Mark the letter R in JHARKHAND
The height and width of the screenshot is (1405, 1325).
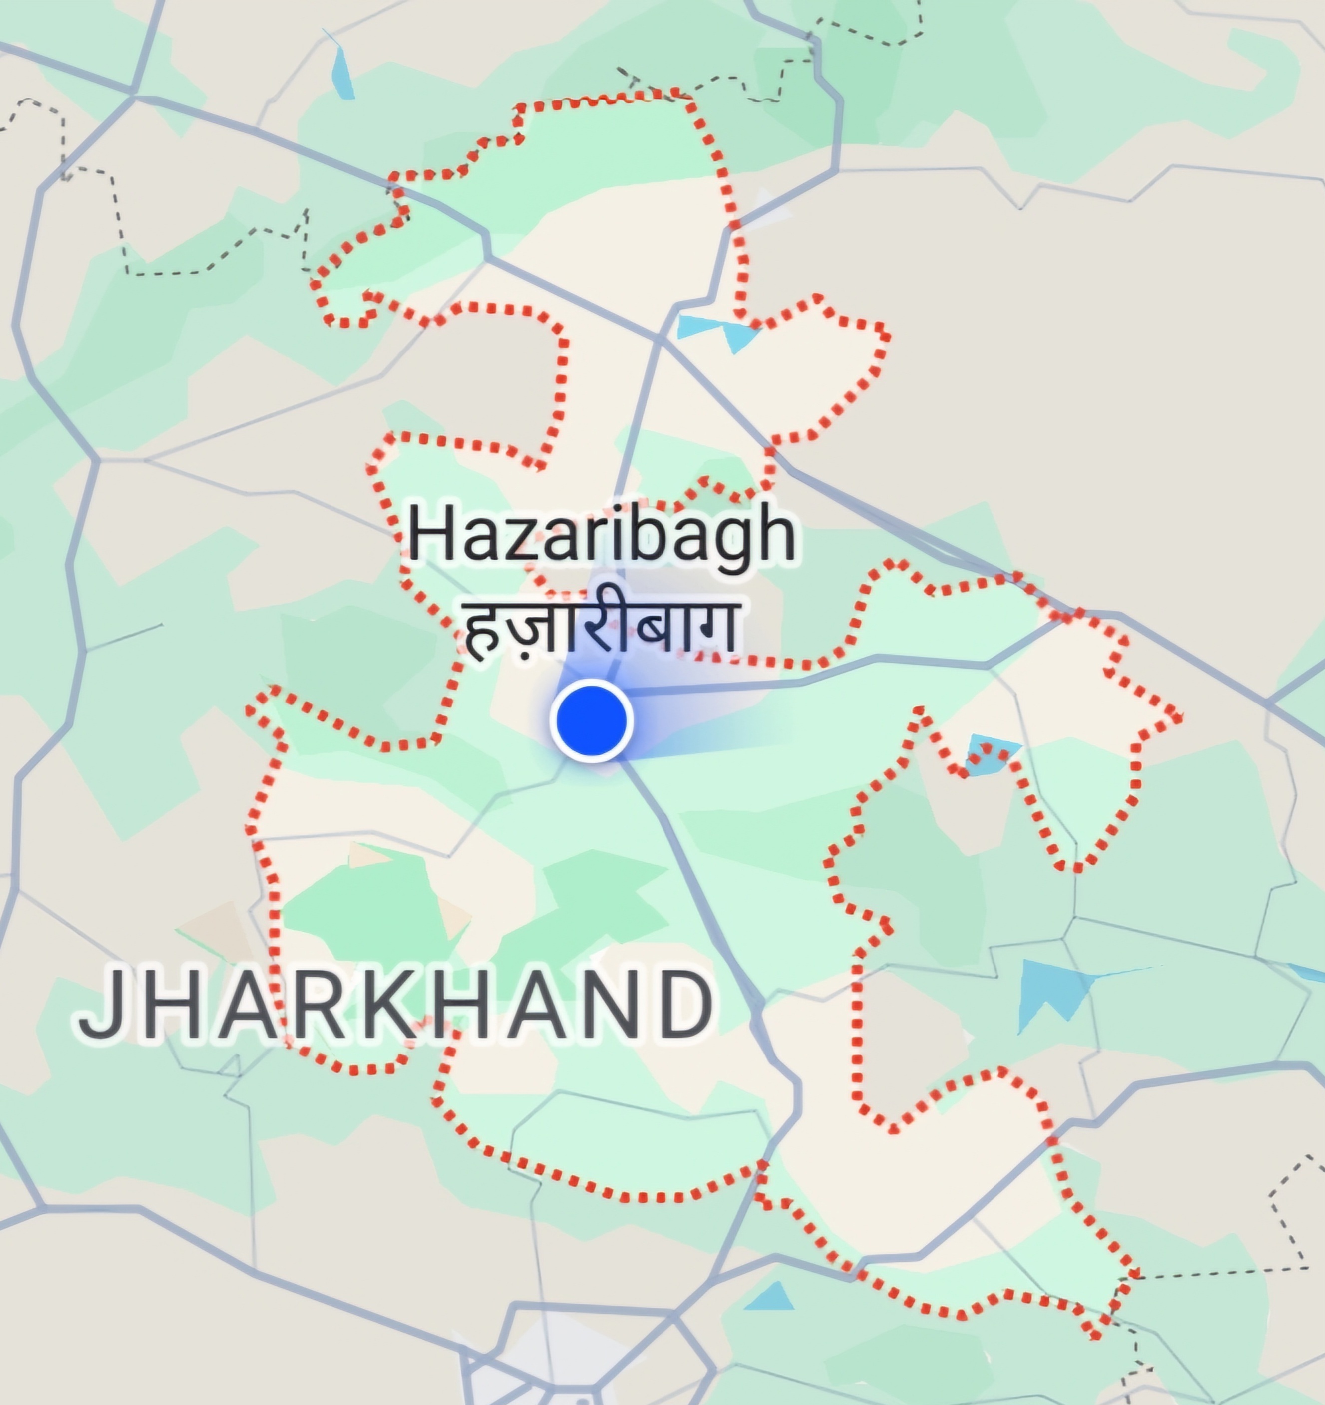308,1005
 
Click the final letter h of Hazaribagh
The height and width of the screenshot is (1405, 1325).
775,536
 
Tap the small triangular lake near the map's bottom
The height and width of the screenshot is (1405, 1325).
771,1297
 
